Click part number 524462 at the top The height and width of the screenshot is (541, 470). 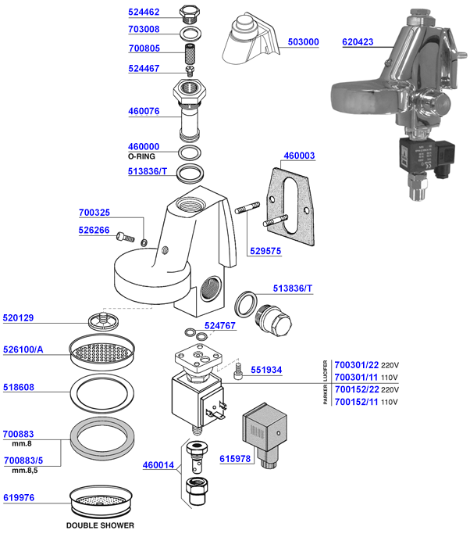pos(144,13)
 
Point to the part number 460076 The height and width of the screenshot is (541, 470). pos(144,112)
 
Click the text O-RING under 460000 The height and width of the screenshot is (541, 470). pos(144,156)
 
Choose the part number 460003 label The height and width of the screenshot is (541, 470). pos(299,156)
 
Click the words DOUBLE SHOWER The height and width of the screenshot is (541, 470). pos(100,525)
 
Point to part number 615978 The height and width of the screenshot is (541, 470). pos(236,459)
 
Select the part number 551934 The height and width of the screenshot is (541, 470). pos(269,371)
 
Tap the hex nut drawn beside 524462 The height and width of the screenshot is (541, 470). pos(187,13)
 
